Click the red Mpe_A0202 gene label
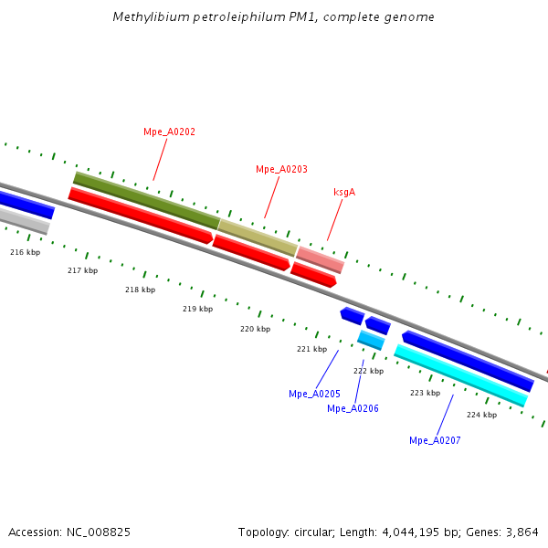[169, 132]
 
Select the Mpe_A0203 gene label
[281, 169]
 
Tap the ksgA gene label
[344, 192]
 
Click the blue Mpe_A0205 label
[314, 394]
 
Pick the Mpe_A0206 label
[353, 408]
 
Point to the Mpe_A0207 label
[435, 440]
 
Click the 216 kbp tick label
[26, 252]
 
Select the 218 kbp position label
[140, 290]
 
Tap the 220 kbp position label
[255, 329]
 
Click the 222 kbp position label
[368, 371]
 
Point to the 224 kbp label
[481, 415]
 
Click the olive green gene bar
[146, 200]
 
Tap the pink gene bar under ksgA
[321, 259]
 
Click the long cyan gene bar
[460, 374]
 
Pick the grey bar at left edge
[23, 220]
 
